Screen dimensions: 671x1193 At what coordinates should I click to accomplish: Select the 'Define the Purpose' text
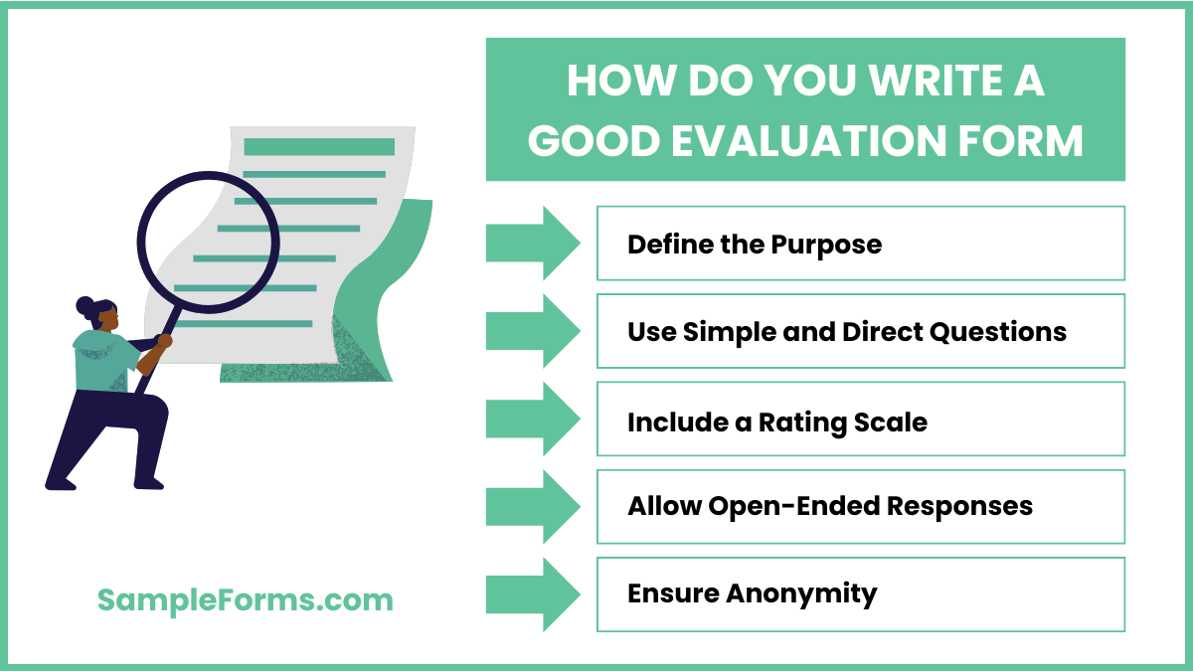(754, 245)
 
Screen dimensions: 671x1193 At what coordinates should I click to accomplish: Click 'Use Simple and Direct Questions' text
(846, 332)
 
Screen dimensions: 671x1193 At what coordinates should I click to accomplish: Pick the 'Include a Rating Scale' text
(776, 421)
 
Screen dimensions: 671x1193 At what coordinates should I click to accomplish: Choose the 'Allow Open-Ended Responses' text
(829, 506)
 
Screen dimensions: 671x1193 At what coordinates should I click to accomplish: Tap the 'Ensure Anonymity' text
(752, 594)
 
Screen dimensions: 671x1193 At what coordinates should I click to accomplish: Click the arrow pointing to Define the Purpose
(532, 243)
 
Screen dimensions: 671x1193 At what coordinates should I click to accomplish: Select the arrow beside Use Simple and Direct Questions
(532, 331)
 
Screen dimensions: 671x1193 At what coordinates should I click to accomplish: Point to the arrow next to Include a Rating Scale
(532, 419)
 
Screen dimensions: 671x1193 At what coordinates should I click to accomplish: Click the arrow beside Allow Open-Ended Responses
(532, 507)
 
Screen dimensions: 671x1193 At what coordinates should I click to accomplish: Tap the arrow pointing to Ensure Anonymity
(532, 594)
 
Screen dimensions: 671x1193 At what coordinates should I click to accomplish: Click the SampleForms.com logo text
(245, 599)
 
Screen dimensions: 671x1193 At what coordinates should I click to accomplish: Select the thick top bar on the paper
(319, 146)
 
